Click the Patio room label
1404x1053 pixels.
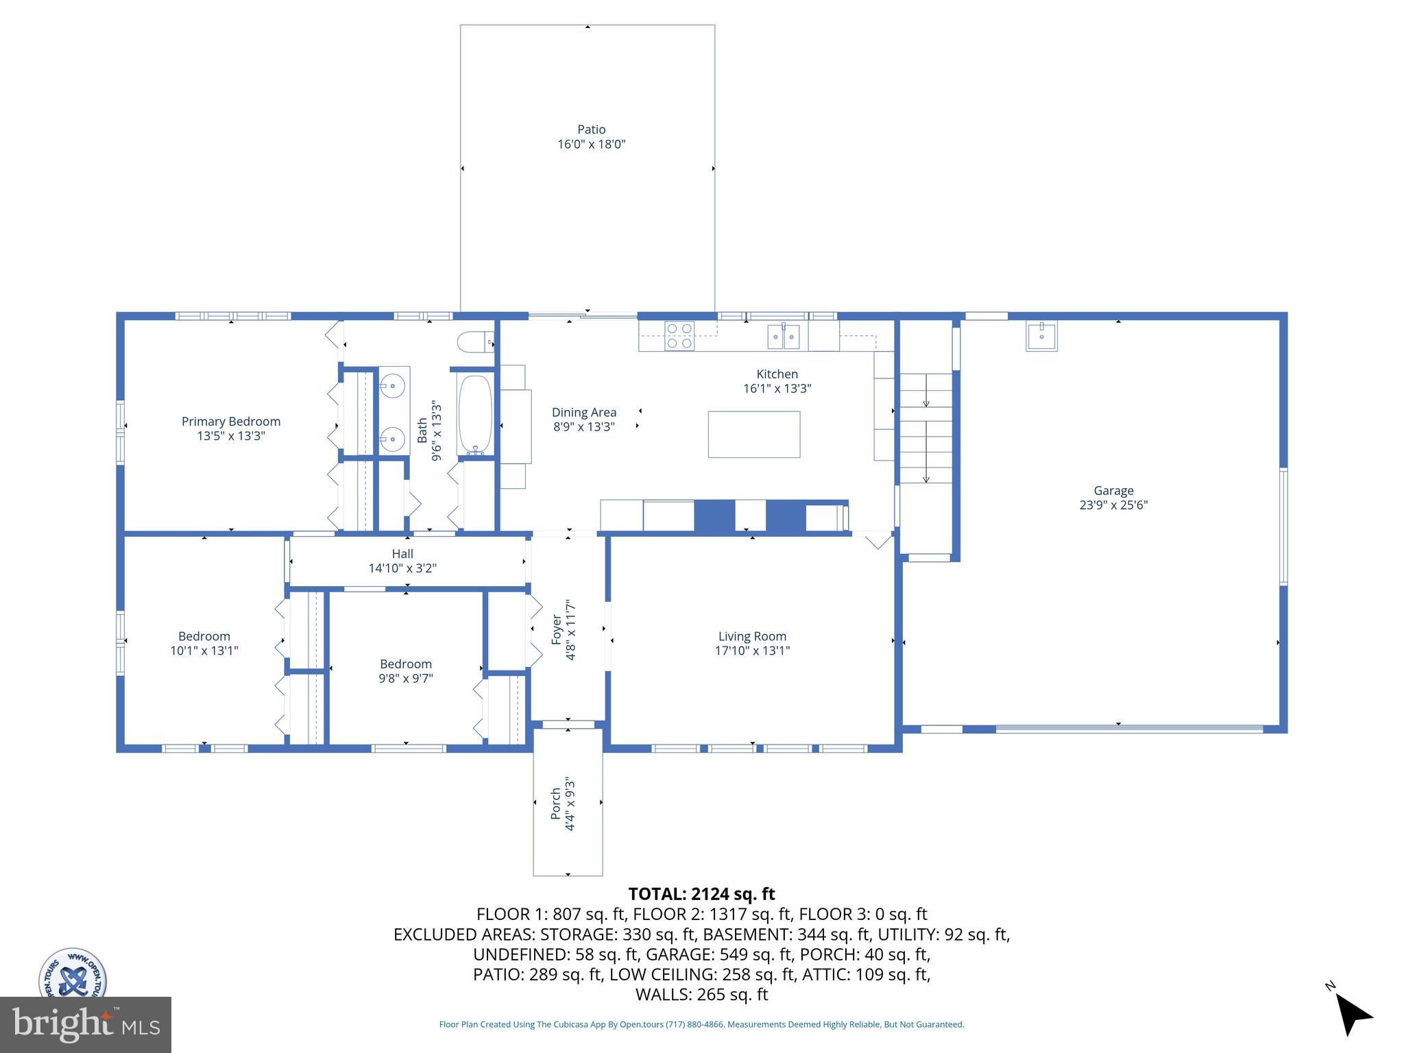(x=591, y=130)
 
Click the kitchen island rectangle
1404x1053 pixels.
(x=753, y=434)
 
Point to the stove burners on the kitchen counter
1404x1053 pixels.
(x=679, y=336)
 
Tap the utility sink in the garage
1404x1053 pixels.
(x=1041, y=336)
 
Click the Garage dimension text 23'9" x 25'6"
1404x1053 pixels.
(x=1113, y=505)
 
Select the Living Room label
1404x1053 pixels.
(x=752, y=636)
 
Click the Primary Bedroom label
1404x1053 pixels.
(x=230, y=422)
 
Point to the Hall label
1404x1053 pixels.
(x=402, y=554)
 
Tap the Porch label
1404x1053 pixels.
(x=556, y=803)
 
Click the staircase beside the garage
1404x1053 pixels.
(x=925, y=428)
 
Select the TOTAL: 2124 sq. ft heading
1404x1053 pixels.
(x=701, y=894)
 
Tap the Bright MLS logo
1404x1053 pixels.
(x=85, y=1024)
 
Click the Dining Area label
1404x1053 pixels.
(x=584, y=412)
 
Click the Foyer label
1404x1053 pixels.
(x=557, y=629)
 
